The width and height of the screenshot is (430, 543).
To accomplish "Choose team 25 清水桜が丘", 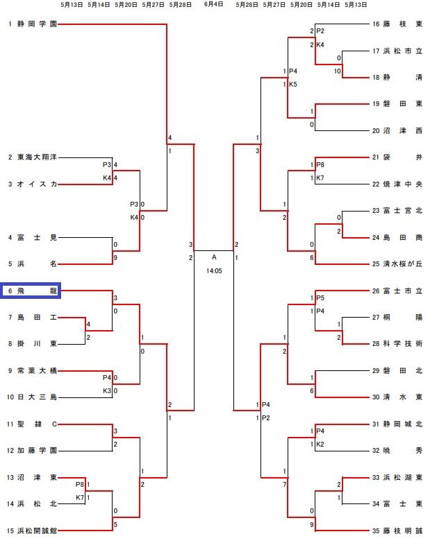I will point(402,264).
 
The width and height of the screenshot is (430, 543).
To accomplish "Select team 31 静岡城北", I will point(402,424).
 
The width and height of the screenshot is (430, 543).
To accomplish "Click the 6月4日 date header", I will point(213,4).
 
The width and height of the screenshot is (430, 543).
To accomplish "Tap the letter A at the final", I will point(214,257).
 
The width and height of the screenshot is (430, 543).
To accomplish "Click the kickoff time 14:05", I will point(214,271).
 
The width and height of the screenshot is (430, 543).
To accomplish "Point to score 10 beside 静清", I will point(338,71).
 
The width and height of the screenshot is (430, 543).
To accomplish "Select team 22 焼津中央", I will point(402,184).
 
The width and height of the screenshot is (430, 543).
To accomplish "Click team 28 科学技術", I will point(402,344).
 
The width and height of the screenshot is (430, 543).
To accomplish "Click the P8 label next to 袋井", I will point(320,164).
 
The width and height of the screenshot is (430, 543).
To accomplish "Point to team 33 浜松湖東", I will point(402,477).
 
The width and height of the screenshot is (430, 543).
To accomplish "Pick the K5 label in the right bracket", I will point(293,85).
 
